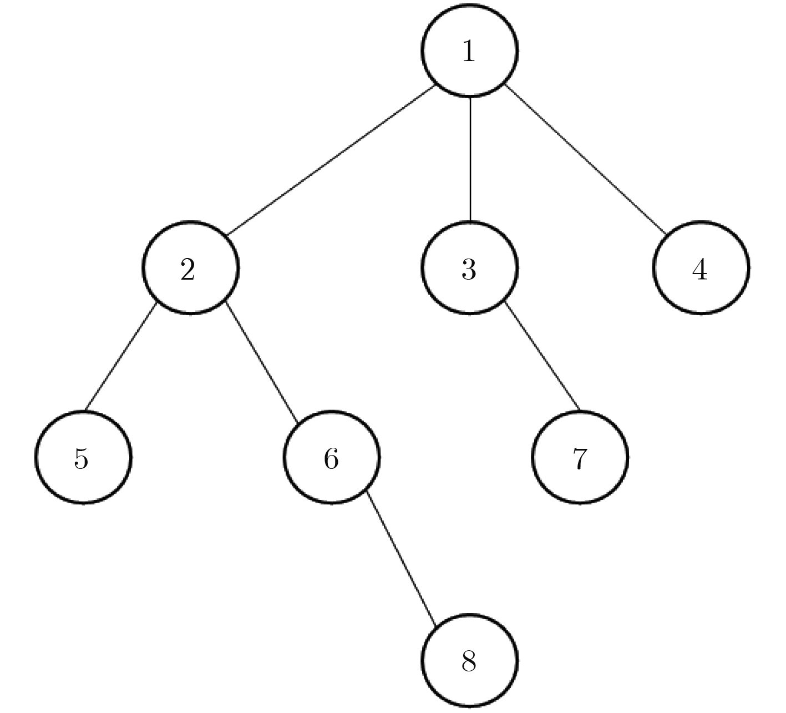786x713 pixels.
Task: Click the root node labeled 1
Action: (x=470, y=50)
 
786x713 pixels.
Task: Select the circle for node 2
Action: (x=190, y=267)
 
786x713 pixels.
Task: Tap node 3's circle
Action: (x=470, y=267)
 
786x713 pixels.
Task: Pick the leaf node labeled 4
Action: (x=701, y=267)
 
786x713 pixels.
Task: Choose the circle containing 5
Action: (x=83, y=457)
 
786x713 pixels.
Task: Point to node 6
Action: (x=332, y=457)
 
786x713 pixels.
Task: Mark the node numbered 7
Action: (x=580, y=457)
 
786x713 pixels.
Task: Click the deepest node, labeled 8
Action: (x=470, y=661)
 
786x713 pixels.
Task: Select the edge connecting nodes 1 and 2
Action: (x=331, y=160)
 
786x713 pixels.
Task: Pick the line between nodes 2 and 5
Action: (x=121, y=356)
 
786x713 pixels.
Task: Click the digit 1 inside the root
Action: (x=469, y=51)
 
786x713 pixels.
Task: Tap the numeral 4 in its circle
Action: (x=700, y=270)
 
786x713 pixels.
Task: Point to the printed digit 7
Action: (x=580, y=459)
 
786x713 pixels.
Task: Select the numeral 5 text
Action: (x=81, y=459)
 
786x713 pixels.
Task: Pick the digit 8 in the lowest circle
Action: (x=469, y=661)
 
